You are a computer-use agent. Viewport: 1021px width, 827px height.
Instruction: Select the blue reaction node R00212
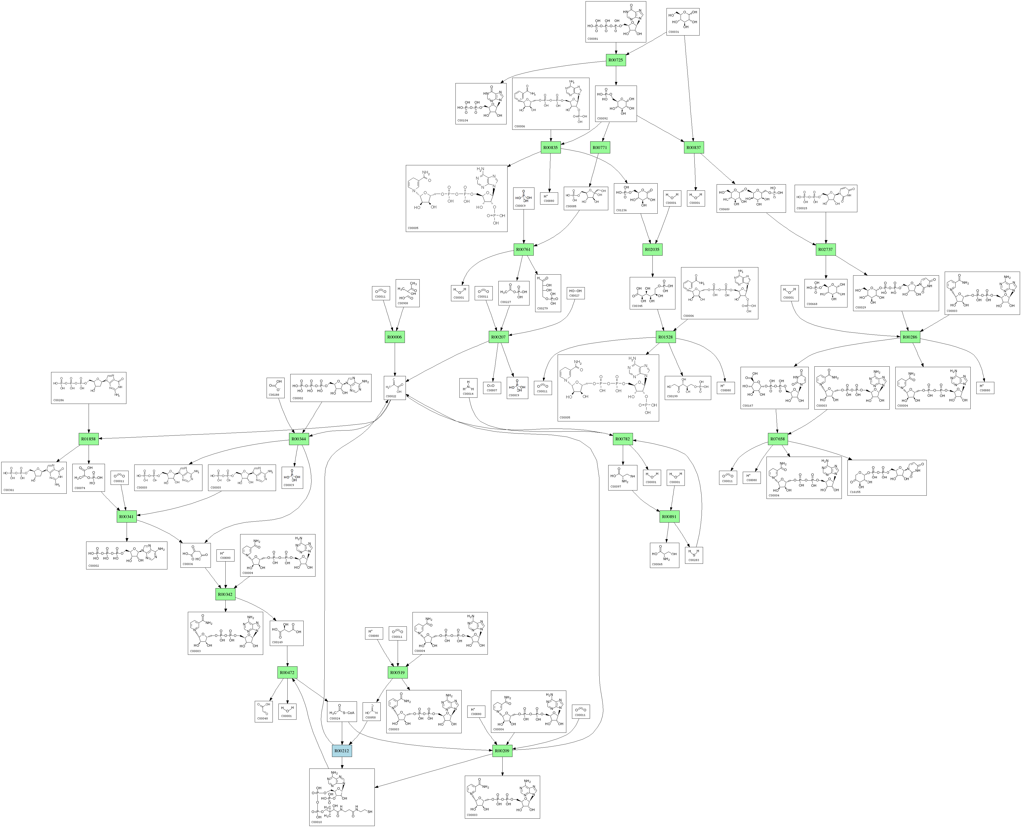pos(342,751)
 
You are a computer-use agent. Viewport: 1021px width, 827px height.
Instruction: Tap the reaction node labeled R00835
pos(550,148)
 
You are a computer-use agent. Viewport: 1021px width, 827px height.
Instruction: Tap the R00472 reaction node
pos(287,673)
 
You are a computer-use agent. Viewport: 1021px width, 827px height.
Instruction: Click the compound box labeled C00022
pos(395,388)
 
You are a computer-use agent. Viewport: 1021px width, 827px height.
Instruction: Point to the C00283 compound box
pos(694,555)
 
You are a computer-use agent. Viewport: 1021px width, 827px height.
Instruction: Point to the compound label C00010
pos(316,822)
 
